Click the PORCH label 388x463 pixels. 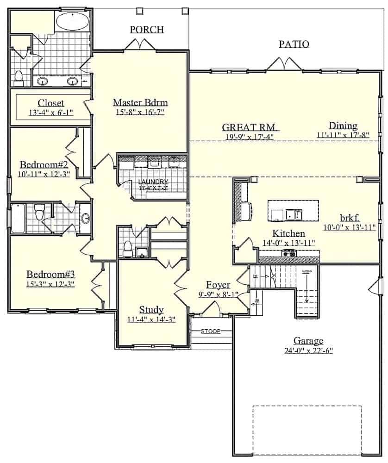coord(146,30)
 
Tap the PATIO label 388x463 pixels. coord(294,44)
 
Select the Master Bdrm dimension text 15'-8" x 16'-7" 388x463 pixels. coord(140,112)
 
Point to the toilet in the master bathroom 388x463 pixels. coord(19,79)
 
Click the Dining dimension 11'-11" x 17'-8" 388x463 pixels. coord(343,135)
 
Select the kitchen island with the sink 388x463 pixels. coord(293,211)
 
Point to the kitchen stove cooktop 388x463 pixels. coord(289,253)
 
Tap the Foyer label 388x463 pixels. coord(219,284)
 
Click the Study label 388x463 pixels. coord(151,309)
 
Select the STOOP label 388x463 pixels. coord(210,332)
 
